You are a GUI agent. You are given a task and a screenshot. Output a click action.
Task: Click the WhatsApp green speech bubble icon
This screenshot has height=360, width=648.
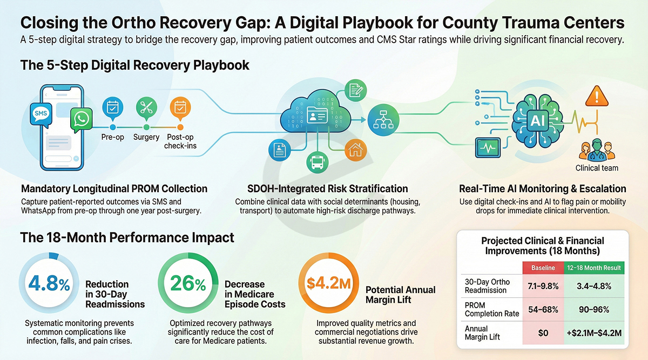[x=81, y=121]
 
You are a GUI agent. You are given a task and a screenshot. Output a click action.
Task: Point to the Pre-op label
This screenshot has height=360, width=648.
[x=113, y=138]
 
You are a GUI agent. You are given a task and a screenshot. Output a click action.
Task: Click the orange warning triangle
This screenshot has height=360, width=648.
[x=597, y=98]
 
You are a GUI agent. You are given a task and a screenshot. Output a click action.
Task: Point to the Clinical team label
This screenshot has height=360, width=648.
[x=597, y=168]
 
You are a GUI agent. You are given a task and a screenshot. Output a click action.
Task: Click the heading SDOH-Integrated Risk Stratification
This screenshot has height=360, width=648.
[x=321, y=189]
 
